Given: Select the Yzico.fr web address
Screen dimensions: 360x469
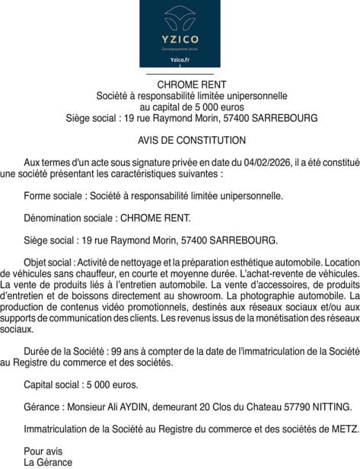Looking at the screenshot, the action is (x=180, y=59).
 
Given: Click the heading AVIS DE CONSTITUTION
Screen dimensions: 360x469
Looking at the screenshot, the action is (x=181, y=140).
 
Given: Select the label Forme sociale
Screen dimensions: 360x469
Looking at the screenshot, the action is (x=53, y=195).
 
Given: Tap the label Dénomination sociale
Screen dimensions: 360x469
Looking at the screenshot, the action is (x=69, y=217).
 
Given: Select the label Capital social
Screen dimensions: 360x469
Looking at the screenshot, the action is (x=54, y=384).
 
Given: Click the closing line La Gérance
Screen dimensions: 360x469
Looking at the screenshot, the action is (x=47, y=462).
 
